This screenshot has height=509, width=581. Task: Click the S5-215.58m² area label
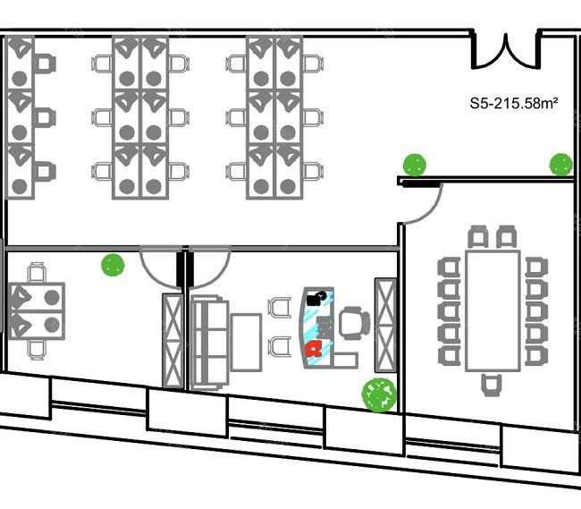(x=514, y=103)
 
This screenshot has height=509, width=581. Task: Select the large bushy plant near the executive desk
(x=379, y=394)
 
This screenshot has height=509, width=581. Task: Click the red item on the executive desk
(x=314, y=349)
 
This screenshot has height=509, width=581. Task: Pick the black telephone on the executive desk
(x=316, y=298)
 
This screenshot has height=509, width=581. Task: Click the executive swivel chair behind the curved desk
(x=354, y=323)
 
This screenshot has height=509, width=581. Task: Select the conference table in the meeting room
(x=493, y=310)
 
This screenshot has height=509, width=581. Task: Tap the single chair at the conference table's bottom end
(x=492, y=386)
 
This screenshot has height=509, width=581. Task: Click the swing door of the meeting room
(x=423, y=203)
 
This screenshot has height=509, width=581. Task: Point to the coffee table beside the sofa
(x=246, y=343)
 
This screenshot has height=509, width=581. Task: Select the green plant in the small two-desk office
(x=113, y=265)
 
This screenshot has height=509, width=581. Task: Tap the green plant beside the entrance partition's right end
(x=561, y=165)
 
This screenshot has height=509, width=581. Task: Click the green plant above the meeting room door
(x=415, y=165)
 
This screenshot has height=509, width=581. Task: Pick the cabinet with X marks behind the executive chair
(x=385, y=325)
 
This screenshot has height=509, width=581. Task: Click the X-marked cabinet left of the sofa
(x=173, y=341)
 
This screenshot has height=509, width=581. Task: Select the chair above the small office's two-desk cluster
(x=37, y=273)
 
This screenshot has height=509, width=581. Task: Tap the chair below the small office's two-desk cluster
(x=37, y=350)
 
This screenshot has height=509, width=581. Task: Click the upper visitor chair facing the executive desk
(x=280, y=308)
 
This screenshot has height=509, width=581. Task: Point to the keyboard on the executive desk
(x=324, y=327)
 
